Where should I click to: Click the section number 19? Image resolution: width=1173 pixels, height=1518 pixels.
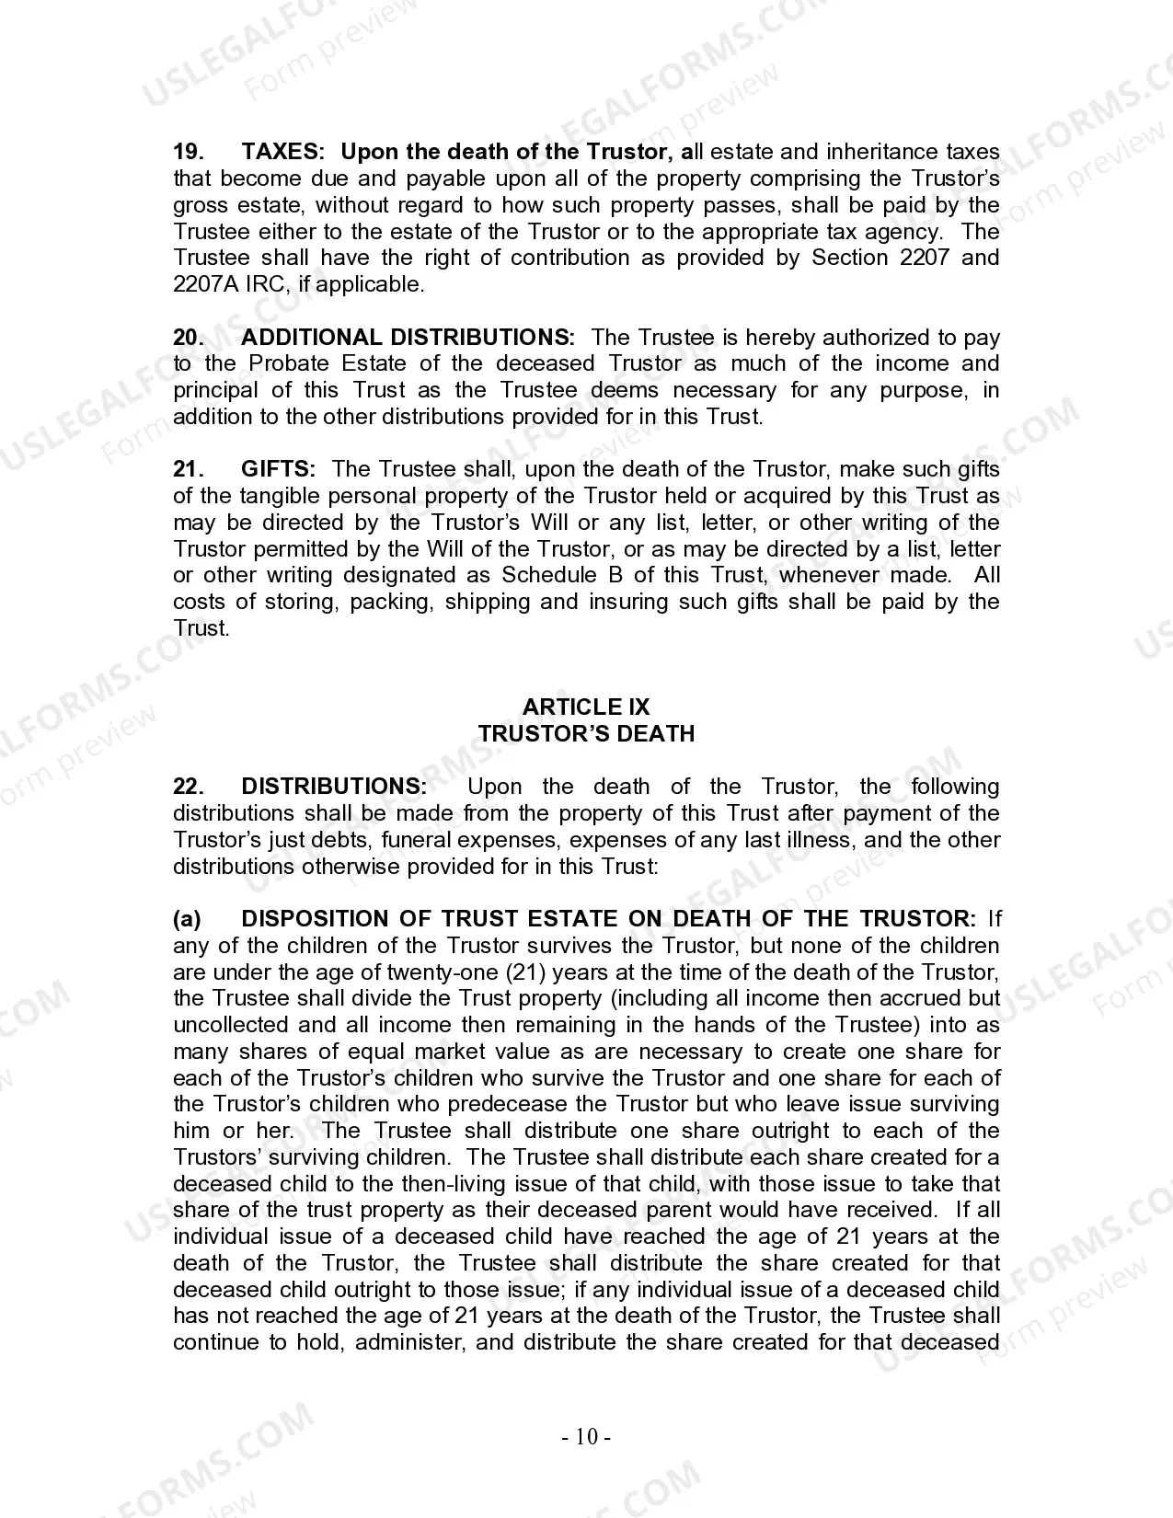coord(188,152)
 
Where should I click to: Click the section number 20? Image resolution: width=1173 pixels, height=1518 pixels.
coord(189,338)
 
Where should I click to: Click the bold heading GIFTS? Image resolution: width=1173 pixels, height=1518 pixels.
coord(279,469)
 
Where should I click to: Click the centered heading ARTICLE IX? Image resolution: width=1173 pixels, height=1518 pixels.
coord(586,707)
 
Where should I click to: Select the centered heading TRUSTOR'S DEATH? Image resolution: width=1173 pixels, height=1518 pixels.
coord(586,734)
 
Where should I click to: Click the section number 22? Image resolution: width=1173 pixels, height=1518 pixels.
coord(188,787)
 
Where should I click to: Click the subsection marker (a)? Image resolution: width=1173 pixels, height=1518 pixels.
coord(188,919)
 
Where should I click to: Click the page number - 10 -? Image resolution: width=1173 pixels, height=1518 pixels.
coord(586,1437)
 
